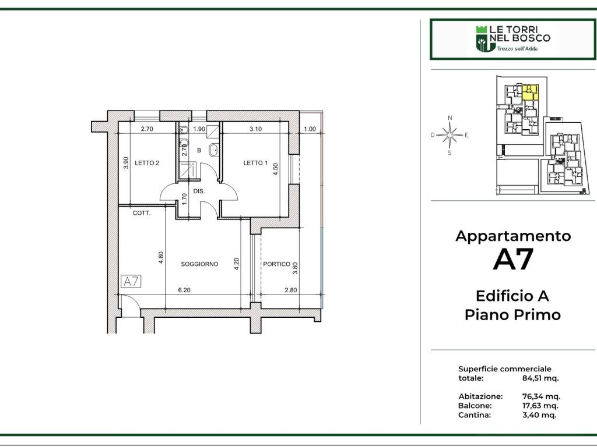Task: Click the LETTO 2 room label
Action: (x=147, y=163)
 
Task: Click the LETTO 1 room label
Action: (x=255, y=163)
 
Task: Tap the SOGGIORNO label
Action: (x=199, y=264)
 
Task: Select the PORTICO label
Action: (x=276, y=264)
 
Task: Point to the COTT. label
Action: (x=142, y=214)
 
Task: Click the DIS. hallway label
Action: (x=199, y=190)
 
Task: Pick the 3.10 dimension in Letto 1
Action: (x=255, y=129)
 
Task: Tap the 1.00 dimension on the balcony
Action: (x=310, y=129)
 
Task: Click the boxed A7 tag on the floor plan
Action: (x=131, y=282)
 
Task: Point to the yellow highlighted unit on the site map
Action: (x=530, y=92)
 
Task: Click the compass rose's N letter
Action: (x=449, y=118)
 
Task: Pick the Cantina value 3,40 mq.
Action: (x=539, y=415)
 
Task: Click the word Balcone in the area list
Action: (x=475, y=406)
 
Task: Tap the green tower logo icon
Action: (x=482, y=38)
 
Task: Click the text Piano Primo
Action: (x=512, y=315)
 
